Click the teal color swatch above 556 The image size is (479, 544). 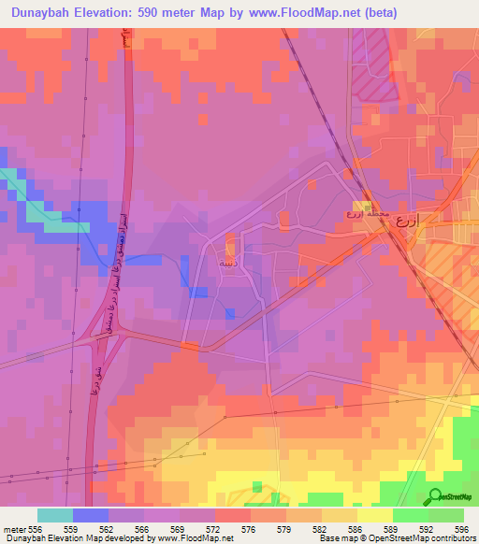tap(54, 515)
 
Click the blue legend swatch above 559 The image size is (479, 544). tap(90, 515)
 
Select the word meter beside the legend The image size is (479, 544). tap(13, 528)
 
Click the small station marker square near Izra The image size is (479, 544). tap(366, 206)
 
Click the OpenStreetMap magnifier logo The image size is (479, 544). tap(435, 496)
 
